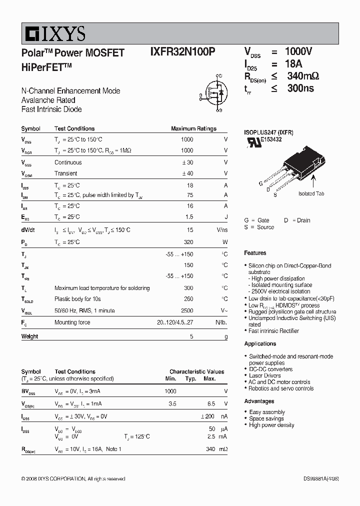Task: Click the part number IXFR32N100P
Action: point(183,52)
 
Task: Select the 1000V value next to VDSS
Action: point(298,51)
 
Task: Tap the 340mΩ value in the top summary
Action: point(303,76)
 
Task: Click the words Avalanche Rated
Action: point(48,100)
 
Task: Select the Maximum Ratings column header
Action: point(193,128)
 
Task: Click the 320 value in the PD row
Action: point(188,242)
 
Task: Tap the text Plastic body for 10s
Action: point(77,299)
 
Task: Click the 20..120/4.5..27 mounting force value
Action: point(174,322)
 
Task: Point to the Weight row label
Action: point(29,336)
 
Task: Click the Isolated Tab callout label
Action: point(311,193)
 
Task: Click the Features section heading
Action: point(255,253)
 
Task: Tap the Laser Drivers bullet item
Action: point(264,375)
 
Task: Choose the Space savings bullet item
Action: point(266,418)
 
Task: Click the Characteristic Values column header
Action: point(196,371)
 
